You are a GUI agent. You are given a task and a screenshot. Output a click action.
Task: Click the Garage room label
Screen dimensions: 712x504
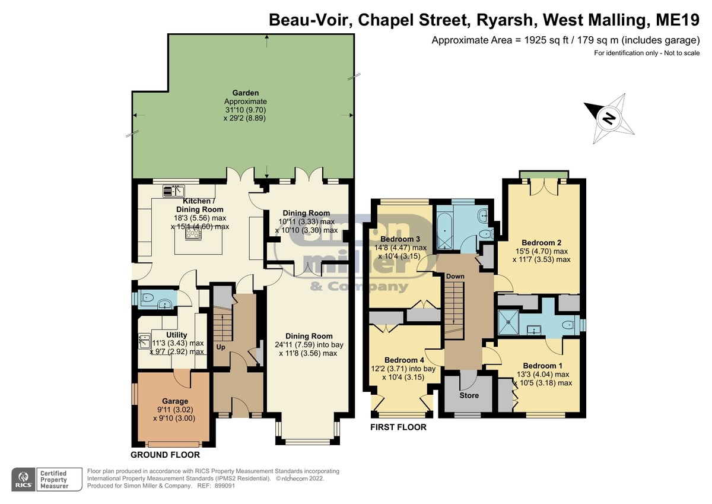click(x=175, y=401)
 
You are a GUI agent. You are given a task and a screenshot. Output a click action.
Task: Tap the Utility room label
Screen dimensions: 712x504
click(x=177, y=335)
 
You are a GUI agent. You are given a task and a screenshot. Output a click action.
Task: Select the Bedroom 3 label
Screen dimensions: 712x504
click(x=400, y=239)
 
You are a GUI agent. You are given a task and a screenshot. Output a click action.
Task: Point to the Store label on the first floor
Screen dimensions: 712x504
click(x=469, y=395)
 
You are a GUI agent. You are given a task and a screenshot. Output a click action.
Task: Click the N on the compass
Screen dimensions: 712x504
click(x=609, y=119)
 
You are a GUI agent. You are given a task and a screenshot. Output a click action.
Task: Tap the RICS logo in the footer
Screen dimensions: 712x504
click(x=24, y=480)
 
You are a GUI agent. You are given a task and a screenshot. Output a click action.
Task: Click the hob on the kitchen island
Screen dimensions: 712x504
click(x=193, y=234)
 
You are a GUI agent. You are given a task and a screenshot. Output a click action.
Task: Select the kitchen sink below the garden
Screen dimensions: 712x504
click(x=174, y=191)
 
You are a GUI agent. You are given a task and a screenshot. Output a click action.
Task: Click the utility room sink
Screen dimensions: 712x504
click(x=145, y=341)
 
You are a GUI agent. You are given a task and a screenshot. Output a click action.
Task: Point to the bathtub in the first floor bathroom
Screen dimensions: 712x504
click(x=444, y=231)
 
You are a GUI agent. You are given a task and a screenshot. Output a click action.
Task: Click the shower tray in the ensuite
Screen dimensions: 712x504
click(x=508, y=322)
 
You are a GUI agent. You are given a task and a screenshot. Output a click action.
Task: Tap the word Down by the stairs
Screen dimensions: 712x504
click(x=455, y=276)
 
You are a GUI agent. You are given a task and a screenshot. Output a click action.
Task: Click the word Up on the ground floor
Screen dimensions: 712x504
click(x=221, y=347)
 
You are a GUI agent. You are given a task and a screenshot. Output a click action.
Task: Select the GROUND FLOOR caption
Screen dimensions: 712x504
click(x=166, y=455)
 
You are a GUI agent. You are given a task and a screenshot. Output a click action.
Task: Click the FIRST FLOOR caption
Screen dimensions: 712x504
click(x=398, y=427)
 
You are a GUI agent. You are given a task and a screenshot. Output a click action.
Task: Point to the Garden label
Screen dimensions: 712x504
click(x=246, y=93)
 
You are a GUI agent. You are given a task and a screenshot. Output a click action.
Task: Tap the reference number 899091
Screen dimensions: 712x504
click(x=225, y=486)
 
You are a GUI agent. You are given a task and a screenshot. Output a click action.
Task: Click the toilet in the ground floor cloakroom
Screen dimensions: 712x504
click(x=147, y=298)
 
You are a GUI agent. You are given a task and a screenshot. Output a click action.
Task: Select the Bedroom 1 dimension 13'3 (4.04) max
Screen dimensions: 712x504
click(x=546, y=374)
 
